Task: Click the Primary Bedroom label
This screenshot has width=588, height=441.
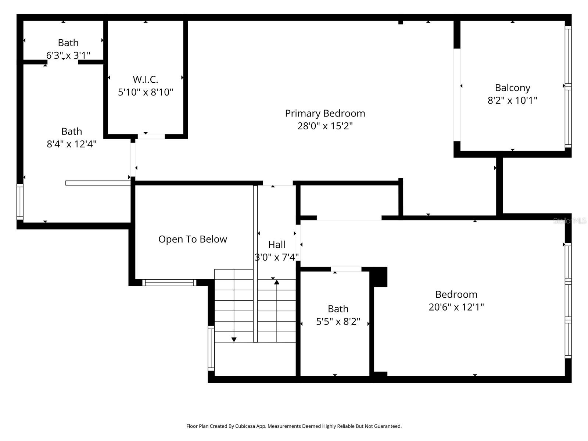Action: pyautogui.click(x=325, y=113)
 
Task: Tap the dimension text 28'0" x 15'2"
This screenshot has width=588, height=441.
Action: pyautogui.click(x=325, y=126)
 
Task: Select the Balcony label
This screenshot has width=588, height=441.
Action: pyautogui.click(x=512, y=88)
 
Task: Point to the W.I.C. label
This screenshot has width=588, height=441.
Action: pyautogui.click(x=145, y=79)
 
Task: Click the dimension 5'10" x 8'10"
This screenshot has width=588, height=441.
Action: pyautogui.click(x=145, y=92)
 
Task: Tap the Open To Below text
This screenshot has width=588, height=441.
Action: pyautogui.click(x=193, y=239)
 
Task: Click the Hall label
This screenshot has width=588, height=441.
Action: pyautogui.click(x=276, y=244)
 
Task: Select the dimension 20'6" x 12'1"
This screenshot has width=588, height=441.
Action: pyautogui.click(x=456, y=307)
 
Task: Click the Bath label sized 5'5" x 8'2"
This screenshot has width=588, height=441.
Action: pyautogui.click(x=338, y=309)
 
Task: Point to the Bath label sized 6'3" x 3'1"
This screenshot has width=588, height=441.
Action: pyautogui.click(x=68, y=43)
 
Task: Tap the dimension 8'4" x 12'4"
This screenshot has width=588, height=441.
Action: pyautogui.click(x=71, y=144)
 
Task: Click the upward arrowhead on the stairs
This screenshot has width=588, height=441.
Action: pyautogui.click(x=276, y=282)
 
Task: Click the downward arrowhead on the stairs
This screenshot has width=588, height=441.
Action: pyautogui.click(x=234, y=340)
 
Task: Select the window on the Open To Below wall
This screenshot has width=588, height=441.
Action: pyautogui.click(x=169, y=283)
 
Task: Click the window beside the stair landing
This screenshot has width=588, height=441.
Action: pyautogui.click(x=211, y=348)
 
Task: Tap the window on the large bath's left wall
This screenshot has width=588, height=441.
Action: pyautogui.click(x=20, y=202)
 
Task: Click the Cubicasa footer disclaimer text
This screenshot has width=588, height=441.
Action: pyautogui.click(x=294, y=426)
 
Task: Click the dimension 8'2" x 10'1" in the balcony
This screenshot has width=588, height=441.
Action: pyautogui.click(x=512, y=100)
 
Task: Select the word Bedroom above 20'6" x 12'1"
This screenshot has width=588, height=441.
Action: pyautogui.click(x=456, y=294)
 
